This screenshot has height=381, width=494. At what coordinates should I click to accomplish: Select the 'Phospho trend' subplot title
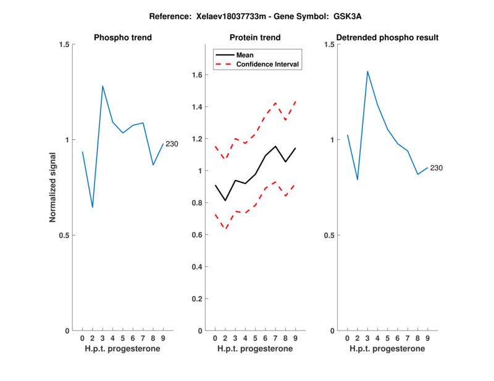123,38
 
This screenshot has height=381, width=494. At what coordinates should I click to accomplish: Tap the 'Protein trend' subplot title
255,38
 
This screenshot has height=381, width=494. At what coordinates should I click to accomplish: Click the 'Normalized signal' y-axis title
53,187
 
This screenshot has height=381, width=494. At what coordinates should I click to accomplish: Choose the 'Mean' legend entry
245,55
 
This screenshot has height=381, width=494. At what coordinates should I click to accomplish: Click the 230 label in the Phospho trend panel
172,144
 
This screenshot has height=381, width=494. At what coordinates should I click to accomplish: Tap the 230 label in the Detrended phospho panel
437,168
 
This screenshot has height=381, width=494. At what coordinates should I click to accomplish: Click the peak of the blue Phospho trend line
103,86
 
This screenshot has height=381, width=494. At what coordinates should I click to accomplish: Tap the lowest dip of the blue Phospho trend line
93,207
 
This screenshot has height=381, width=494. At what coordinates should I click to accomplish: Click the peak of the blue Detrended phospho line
367,72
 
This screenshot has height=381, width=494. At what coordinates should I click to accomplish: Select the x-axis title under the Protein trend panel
255,348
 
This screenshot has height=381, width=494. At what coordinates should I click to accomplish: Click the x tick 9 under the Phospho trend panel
163,338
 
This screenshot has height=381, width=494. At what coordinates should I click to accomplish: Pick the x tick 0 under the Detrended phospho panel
348,338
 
